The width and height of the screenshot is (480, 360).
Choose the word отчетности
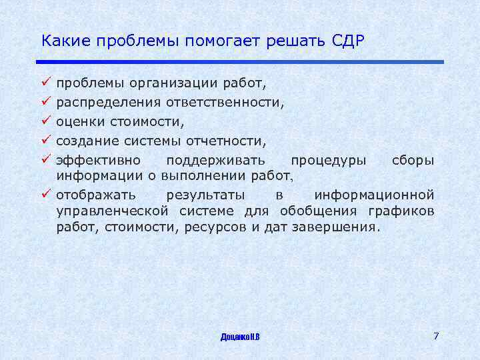click(229, 141)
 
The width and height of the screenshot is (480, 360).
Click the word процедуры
click(328, 161)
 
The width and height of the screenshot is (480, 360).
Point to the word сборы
click(413, 161)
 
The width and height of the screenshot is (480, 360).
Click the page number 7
click(436, 335)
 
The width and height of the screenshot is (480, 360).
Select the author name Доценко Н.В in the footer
click(240, 337)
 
